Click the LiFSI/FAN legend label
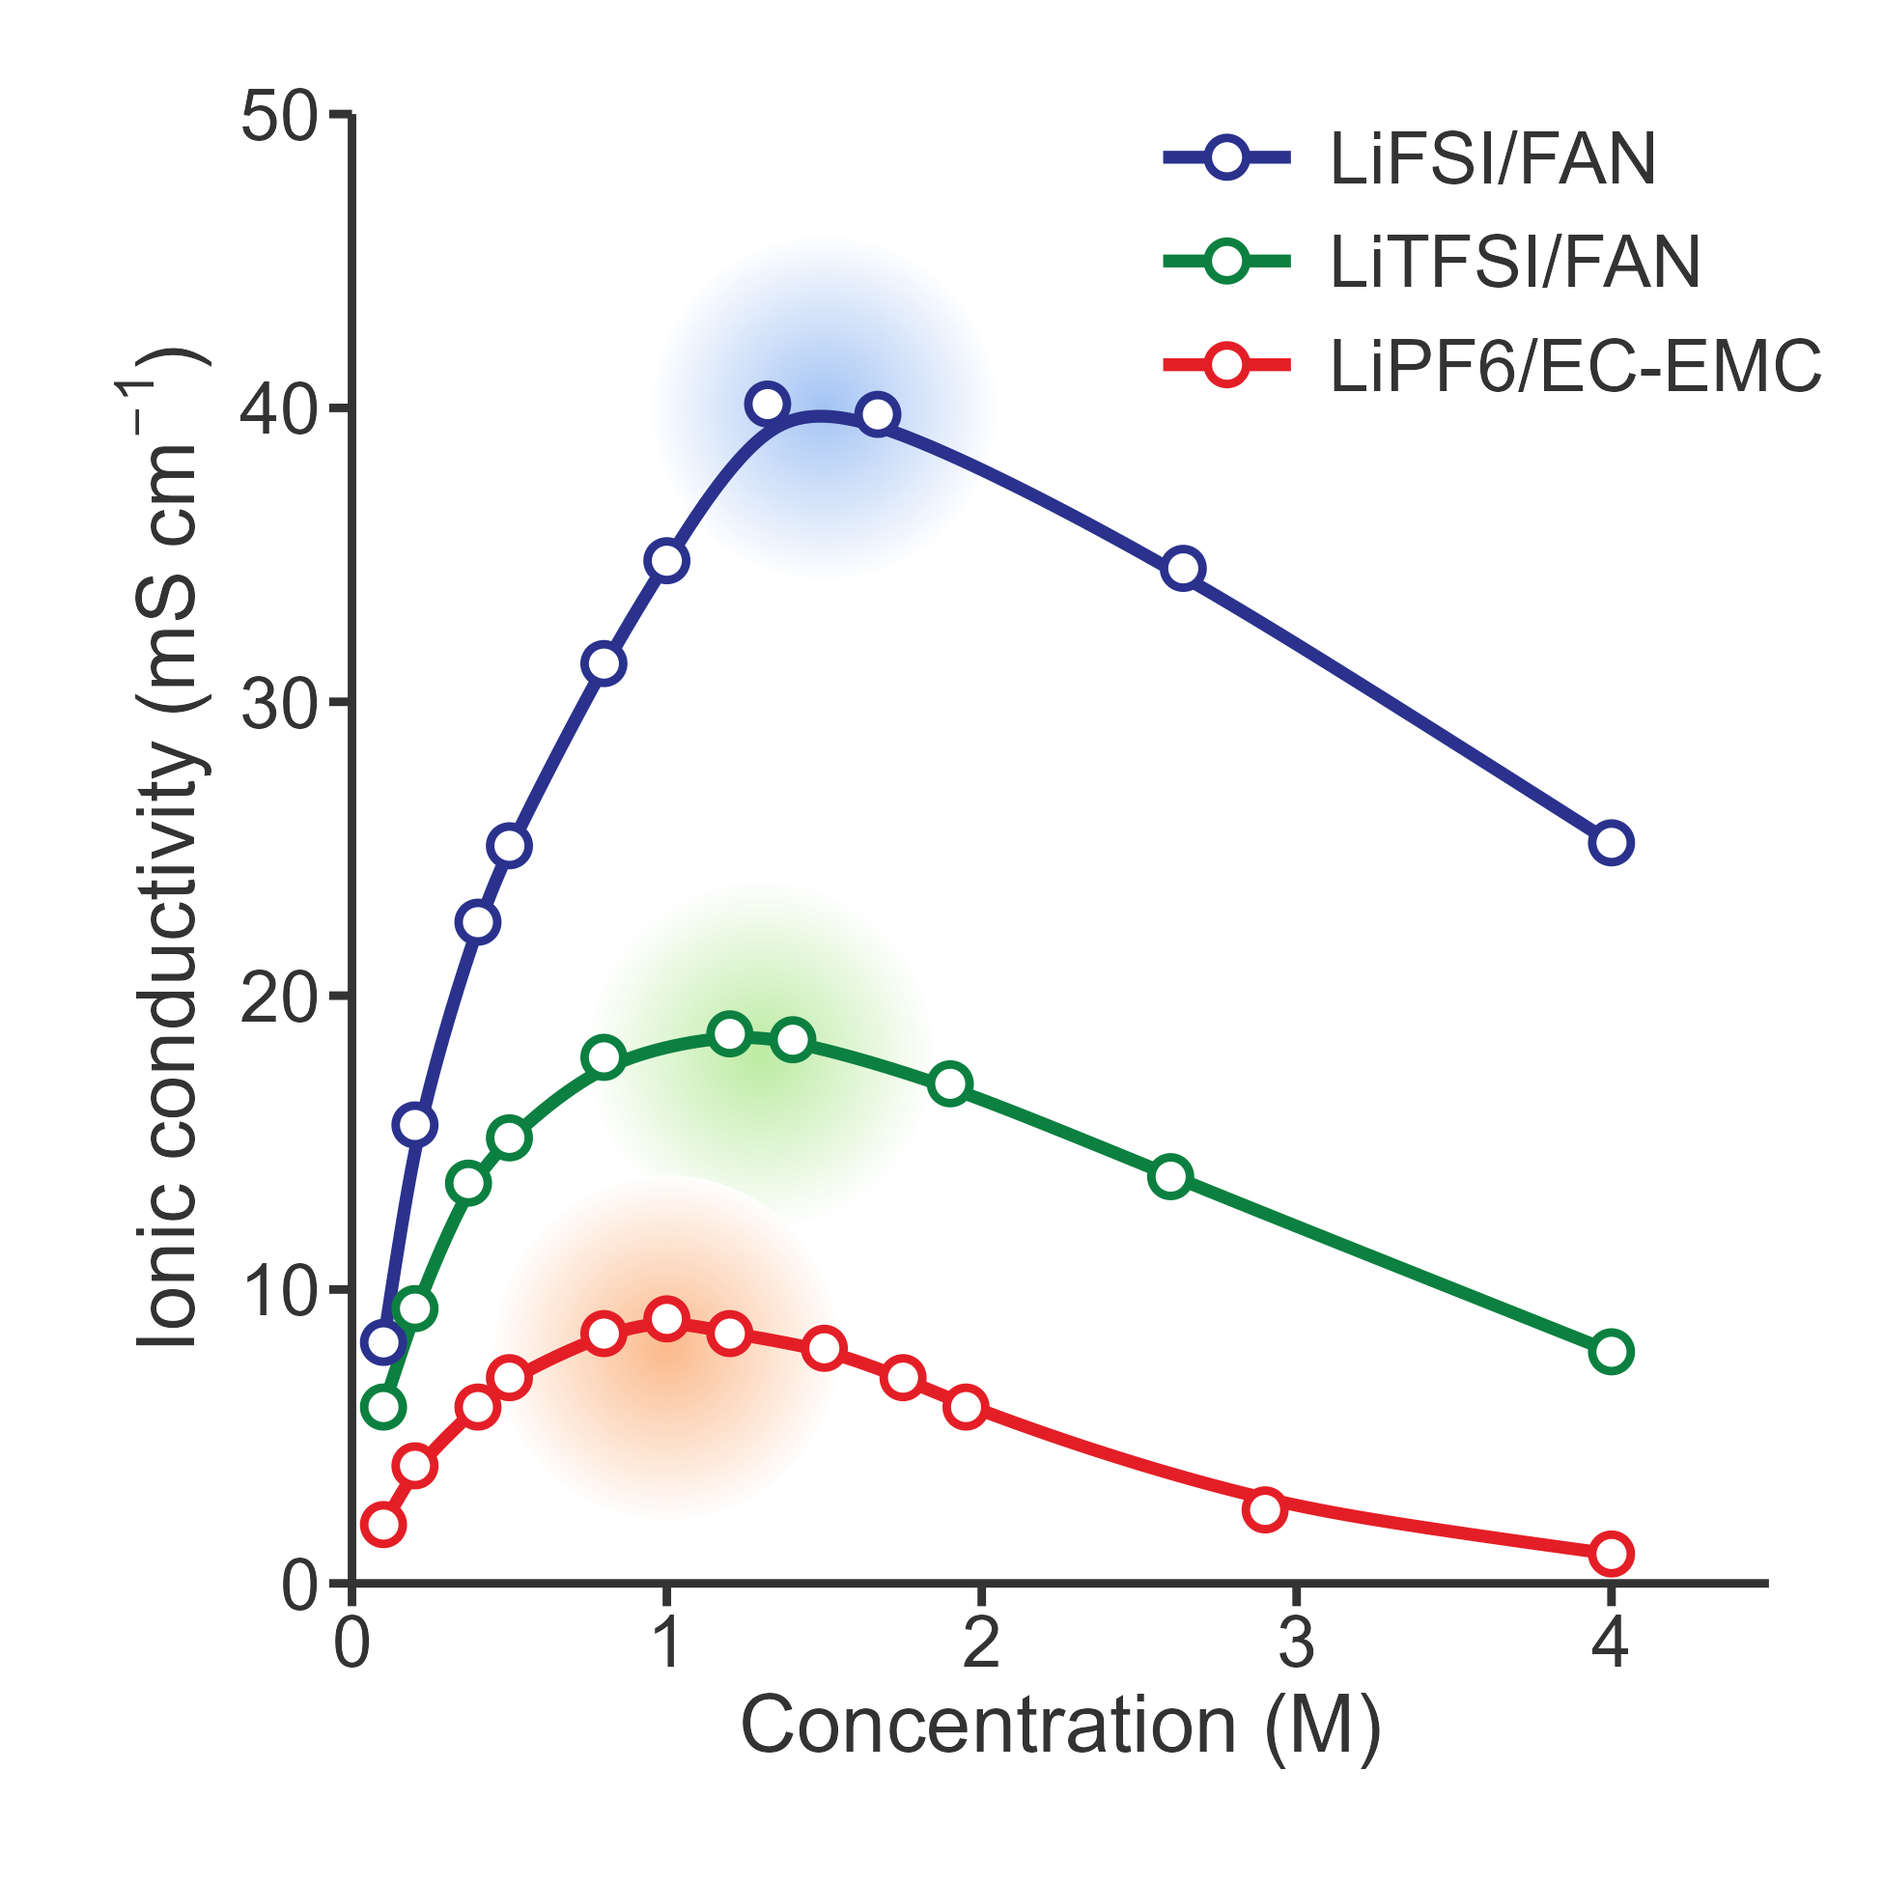(x=1492, y=160)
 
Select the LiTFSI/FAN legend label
(x=1514, y=264)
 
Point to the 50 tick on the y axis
(x=279, y=117)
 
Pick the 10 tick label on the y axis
(x=279, y=1291)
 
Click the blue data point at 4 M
(x=1611, y=843)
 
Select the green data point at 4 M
(x=1611, y=1352)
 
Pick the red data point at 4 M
(x=1611, y=1554)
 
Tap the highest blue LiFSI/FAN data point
(x=767, y=404)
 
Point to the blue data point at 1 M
(x=666, y=561)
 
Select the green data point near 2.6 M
(x=1170, y=1177)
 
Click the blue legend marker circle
(x=1226, y=158)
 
